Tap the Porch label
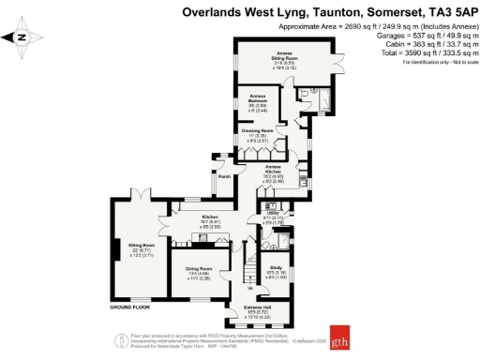point(224,176)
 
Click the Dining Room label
point(198,273)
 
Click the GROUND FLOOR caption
point(131,307)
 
